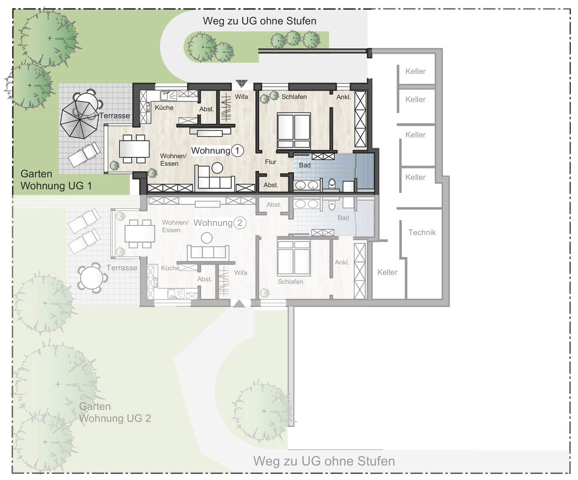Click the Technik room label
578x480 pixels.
(x=422, y=232)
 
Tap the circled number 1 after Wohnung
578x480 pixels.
(x=237, y=150)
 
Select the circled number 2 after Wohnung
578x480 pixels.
(x=240, y=223)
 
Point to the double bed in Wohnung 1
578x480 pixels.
(x=294, y=131)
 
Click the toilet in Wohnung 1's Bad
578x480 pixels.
(x=332, y=184)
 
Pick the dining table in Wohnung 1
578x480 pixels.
(x=134, y=149)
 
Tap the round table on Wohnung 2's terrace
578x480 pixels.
(x=92, y=278)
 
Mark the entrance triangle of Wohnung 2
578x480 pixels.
(x=239, y=304)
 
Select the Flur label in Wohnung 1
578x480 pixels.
(x=271, y=162)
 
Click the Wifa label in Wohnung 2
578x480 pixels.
(x=241, y=273)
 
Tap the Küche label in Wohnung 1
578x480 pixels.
(x=164, y=108)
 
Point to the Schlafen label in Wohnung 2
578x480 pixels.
(x=290, y=282)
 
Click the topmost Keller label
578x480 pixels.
(x=415, y=71)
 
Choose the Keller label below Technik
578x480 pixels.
(x=387, y=272)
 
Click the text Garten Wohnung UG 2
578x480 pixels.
(x=115, y=412)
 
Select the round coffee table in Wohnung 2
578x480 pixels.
(x=207, y=238)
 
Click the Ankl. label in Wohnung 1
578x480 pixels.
(x=344, y=97)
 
